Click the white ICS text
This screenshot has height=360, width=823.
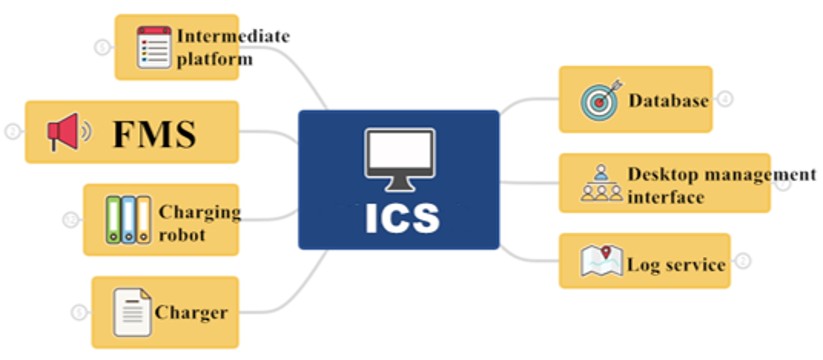402,218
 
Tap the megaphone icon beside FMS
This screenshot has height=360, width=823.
69,132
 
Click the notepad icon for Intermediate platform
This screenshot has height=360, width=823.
154,47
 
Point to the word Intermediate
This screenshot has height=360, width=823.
233,36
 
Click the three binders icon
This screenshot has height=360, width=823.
128,220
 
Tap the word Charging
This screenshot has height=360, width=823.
199,213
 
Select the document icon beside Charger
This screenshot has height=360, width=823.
132,312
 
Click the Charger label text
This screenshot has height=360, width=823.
191,313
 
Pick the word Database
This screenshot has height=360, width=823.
669,100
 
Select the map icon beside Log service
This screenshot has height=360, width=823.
602,260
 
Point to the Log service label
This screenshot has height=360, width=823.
677,264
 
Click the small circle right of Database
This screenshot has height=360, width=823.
725,99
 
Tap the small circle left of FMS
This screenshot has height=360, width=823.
13,132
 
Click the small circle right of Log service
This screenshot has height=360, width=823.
742,261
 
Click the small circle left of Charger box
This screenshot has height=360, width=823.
79,313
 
